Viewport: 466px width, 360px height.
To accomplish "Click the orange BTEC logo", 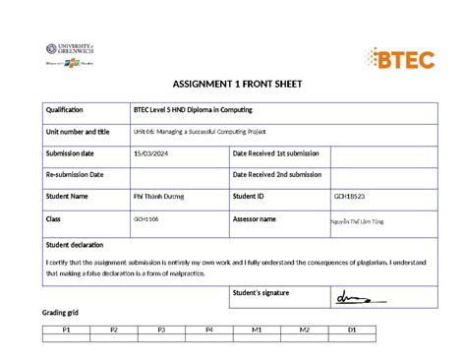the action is coord(399,58).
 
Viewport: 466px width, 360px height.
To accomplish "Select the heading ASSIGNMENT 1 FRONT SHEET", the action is coord(232,86).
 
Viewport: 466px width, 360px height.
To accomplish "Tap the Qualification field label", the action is coord(64,110).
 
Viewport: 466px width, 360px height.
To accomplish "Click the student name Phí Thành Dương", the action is coord(159,197).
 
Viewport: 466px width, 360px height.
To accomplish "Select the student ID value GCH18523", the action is coord(351,197).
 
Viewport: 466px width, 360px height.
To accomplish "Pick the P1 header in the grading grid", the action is coord(65,330).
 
